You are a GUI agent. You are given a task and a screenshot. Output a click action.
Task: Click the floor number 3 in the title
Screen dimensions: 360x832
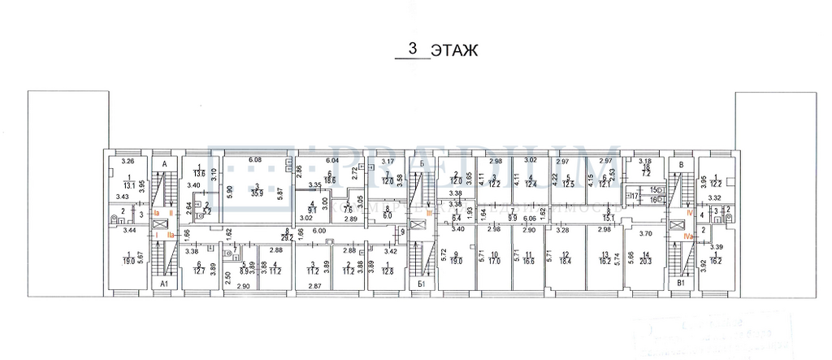pos(414,49)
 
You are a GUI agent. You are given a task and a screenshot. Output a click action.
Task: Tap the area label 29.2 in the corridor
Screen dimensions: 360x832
pos(287,237)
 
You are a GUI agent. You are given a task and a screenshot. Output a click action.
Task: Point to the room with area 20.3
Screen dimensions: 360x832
pos(645,262)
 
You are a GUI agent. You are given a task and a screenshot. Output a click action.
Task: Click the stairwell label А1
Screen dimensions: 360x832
pos(165,284)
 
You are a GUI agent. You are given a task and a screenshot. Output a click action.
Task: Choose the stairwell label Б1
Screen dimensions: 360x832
pos(421,284)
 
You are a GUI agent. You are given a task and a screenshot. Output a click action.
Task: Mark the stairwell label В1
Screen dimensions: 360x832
pos(681,284)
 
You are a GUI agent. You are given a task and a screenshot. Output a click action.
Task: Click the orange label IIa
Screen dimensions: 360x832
pos(171,234)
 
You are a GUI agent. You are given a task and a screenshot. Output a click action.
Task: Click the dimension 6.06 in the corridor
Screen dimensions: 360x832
pos(528,218)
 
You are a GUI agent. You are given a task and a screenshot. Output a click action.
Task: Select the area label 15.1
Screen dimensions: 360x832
pos(608,217)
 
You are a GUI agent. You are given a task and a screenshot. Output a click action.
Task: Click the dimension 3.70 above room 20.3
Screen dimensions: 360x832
pos(646,234)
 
